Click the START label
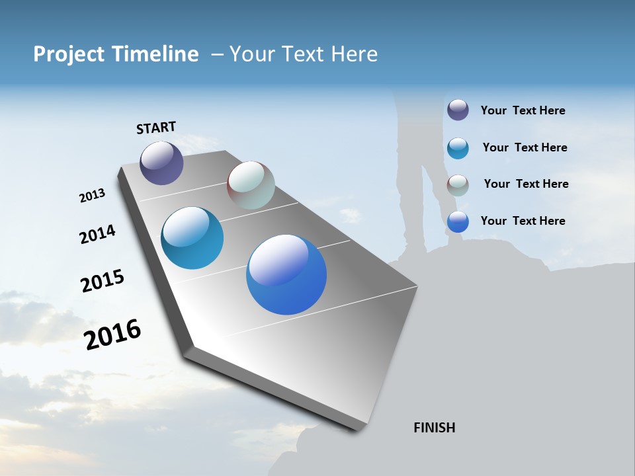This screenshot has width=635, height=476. (156, 128)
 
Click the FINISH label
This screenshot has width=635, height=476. (434, 428)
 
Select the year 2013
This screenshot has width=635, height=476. (92, 196)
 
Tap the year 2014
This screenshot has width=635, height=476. (97, 235)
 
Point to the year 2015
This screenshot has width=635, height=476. (103, 281)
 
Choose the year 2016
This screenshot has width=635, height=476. (112, 335)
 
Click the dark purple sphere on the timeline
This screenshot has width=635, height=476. (161, 163)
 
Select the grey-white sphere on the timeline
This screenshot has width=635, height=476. (251, 185)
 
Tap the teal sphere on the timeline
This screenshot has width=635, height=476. (192, 238)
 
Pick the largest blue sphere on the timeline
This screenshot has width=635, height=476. (286, 274)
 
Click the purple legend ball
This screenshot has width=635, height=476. (458, 110)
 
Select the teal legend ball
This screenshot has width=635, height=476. (458, 148)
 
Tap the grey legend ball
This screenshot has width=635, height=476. (458, 185)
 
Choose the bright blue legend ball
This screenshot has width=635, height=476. (458, 222)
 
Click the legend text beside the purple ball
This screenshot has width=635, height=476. (523, 110)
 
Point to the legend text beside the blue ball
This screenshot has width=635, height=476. (523, 221)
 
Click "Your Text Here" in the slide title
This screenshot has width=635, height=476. (304, 54)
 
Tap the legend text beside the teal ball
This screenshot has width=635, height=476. (525, 147)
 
